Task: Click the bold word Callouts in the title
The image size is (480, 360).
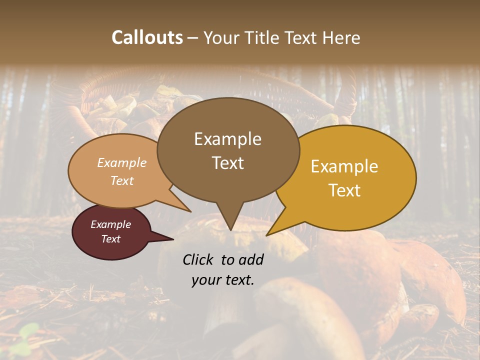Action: click(147, 37)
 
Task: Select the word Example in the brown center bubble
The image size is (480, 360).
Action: click(227, 139)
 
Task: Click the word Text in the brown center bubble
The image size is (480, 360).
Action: click(227, 163)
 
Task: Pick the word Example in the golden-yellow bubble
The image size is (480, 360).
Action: click(344, 166)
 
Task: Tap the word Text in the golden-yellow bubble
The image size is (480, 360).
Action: click(344, 190)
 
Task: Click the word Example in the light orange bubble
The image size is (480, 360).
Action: click(121, 162)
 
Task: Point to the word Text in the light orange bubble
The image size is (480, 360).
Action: click(121, 180)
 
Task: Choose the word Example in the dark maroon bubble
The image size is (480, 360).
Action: click(110, 224)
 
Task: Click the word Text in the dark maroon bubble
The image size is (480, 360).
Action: click(110, 239)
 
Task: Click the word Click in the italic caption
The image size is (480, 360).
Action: click(199, 259)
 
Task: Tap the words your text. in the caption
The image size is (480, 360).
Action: click(223, 280)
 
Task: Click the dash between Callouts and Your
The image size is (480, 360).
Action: click(193, 38)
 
